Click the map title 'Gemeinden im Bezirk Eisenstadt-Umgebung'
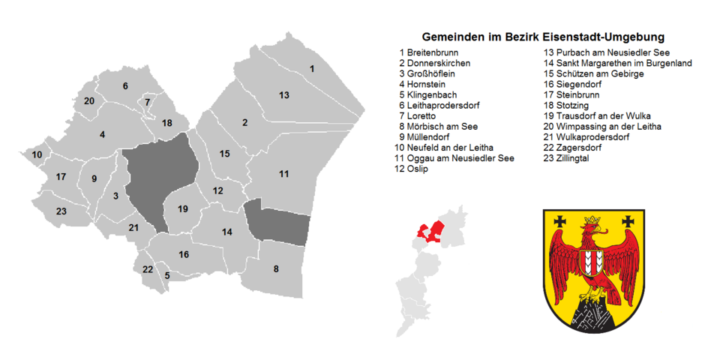(543, 37)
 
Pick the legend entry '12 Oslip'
(411, 169)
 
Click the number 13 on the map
(284, 95)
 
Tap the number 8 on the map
(276, 268)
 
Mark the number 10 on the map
(37, 154)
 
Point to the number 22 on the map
(148, 269)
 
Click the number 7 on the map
(148, 102)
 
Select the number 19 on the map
(182, 209)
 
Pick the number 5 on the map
(167, 275)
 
